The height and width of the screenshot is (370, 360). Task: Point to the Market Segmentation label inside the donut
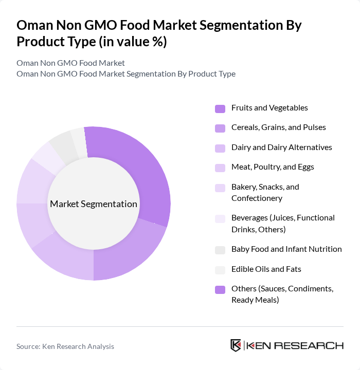tap(94, 204)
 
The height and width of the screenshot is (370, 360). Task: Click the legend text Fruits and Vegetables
tap(269, 108)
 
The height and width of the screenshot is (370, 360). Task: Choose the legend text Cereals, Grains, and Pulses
tap(278, 127)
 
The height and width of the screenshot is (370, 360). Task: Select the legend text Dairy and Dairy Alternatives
tap(281, 147)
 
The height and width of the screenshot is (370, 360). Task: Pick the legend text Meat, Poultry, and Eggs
tap(273, 167)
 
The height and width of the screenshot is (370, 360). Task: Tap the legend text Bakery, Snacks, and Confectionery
tap(265, 192)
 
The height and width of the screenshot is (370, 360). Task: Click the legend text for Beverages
tap(283, 223)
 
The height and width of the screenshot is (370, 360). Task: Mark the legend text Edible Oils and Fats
tap(266, 269)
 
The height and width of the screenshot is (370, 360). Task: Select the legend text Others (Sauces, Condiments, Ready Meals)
tap(282, 294)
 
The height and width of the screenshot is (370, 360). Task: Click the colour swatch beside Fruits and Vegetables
tap(220, 108)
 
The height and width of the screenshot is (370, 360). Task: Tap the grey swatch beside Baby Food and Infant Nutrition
tap(220, 250)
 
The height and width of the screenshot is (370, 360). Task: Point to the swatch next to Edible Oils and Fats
tap(220, 269)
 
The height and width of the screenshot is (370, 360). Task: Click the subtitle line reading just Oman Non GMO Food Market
tap(70, 63)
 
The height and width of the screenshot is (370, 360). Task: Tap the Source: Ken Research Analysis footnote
tap(65, 346)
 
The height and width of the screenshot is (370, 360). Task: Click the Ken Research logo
tap(286, 345)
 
